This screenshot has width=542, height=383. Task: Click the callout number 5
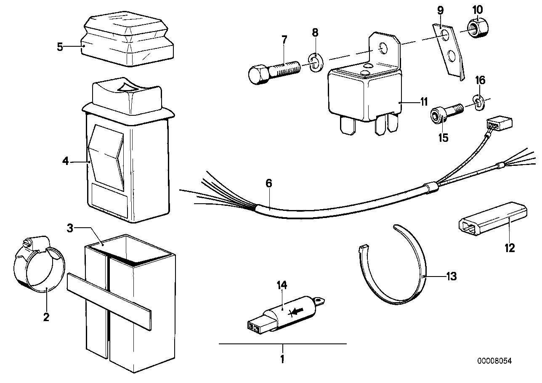point(60,46)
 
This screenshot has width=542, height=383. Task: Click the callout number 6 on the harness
point(269,184)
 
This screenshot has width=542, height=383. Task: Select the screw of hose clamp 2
point(27,242)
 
